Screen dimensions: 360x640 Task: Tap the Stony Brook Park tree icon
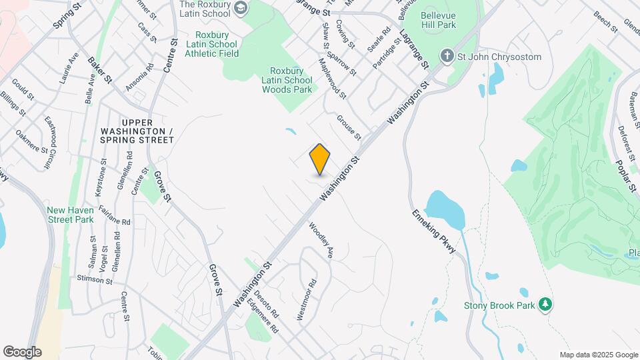click(x=546, y=305)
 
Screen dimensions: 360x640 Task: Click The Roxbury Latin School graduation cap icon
click(x=241, y=9)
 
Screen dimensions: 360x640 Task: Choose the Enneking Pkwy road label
click(x=434, y=230)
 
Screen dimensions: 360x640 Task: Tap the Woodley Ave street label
click(x=321, y=241)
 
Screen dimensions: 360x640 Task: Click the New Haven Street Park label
click(x=71, y=214)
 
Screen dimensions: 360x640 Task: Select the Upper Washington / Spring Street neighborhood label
click(x=137, y=131)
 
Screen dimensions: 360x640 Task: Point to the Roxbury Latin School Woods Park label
click(x=287, y=80)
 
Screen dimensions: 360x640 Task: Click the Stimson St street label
click(x=94, y=279)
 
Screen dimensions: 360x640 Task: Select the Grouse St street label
click(x=348, y=128)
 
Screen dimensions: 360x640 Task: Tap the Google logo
click(x=22, y=352)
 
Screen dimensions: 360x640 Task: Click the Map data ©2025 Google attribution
click(x=597, y=355)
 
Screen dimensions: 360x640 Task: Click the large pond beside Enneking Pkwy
click(x=443, y=209)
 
